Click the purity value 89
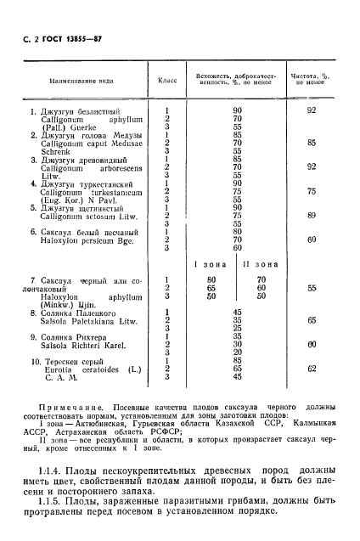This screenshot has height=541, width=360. click(312, 216)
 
